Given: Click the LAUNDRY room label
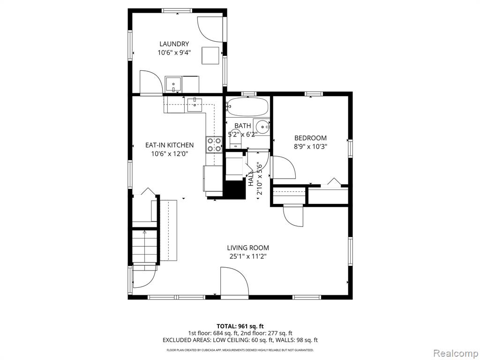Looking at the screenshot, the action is coord(174,44).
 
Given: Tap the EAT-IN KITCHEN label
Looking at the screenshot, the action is coord(169,145).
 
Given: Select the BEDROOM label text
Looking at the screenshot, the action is coord(310,138).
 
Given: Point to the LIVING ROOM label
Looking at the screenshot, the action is coord(248,247).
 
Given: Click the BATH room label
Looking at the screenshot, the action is coord(243,126).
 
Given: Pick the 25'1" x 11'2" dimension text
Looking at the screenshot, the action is coord(248,256).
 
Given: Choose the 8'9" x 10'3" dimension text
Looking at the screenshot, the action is coord(310,147).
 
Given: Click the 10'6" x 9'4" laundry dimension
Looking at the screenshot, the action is coord(174,52).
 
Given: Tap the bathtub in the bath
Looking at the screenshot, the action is coord(248,107).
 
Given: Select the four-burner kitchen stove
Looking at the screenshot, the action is coord(214,145).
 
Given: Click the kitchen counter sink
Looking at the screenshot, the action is coord(194,105).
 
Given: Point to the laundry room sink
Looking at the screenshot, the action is coord(173,84).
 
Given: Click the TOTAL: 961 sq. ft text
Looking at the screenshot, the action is coord(240,326).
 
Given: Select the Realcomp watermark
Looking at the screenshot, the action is coord(455,353).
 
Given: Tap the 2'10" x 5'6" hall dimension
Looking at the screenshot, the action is coord(260,178).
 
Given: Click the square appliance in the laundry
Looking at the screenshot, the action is coord(210,55).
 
